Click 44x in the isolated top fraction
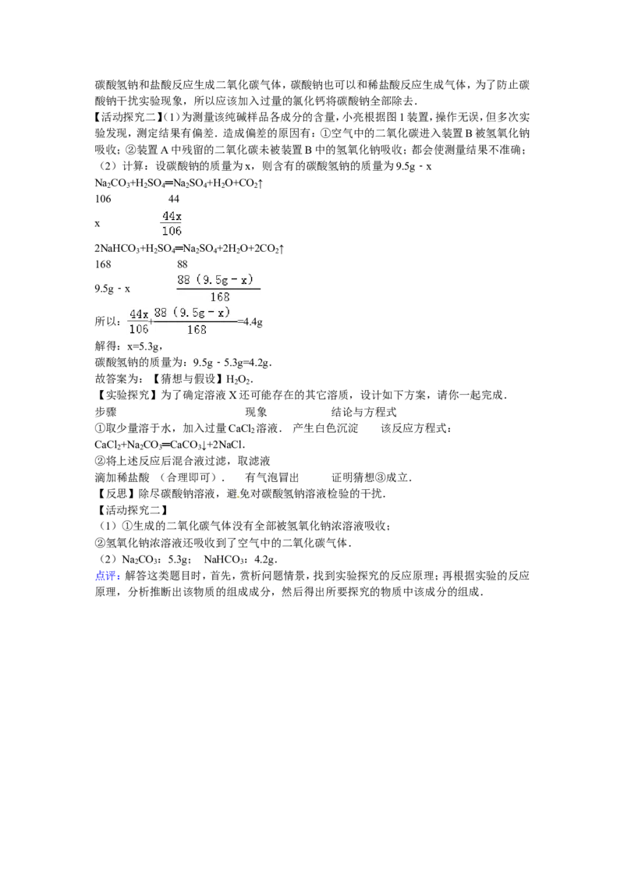(x=171, y=215)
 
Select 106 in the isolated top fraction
(x=171, y=231)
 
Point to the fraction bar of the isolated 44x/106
(x=171, y=223)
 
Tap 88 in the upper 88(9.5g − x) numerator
(x=183, y=279)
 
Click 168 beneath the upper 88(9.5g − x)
(x=219, y=296)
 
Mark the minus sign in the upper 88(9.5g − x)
(x=232, y=279)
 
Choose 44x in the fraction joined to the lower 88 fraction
(x=139, y=314)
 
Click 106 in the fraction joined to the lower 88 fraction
(x=138, y=329)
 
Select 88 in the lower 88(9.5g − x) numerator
(x=161, y=313)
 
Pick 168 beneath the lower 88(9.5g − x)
(x=197, y=329)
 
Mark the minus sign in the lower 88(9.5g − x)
(x=210, y=313)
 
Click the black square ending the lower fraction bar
(x=241, y=321)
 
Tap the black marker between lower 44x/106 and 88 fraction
(x=151, y=321)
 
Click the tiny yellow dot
(x=238, y=496)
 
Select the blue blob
(x=106, y=576)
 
